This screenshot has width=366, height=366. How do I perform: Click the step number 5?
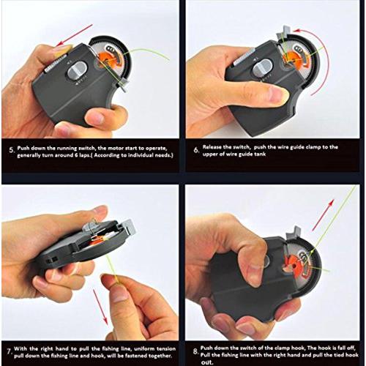point(12,150)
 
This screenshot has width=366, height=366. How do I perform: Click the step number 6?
point(196,150)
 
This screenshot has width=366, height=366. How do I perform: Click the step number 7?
point(9,352)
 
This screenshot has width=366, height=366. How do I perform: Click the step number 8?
point(196,351)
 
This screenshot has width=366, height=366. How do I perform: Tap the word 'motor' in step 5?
point(116,149)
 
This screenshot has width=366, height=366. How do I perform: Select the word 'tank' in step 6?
point(260,154)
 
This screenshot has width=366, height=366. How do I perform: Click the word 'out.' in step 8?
point(207,362)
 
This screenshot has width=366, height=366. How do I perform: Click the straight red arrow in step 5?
point(74,34)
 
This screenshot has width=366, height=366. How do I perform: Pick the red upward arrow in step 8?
point(324,214)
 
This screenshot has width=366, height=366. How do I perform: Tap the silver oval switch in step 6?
point(263,67)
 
